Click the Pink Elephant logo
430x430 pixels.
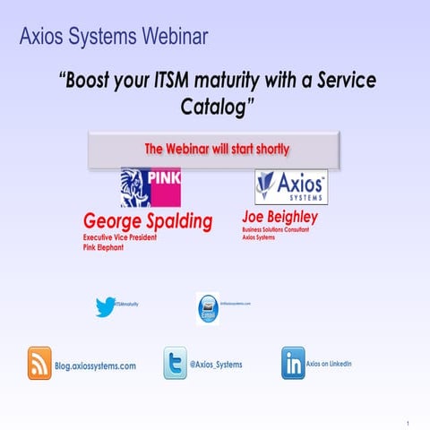[150, 187]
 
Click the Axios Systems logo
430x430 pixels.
[291, 188]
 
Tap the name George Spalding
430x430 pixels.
[147, 220]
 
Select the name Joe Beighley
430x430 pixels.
[279, 218]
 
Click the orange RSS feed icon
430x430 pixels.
[39, 363]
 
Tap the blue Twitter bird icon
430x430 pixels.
[106, 306]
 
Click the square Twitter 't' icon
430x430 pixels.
[175, 363]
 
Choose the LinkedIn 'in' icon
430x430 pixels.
[293, 362]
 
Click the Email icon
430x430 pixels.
[208, 309]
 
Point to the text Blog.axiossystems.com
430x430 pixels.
[95, 366]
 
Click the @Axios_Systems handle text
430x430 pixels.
[216, 365]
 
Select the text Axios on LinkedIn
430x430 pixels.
[329, 364]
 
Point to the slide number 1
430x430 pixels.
[408, 423]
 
